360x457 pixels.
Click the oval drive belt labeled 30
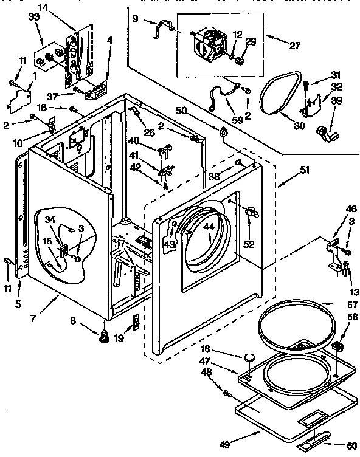pos(278,94)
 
